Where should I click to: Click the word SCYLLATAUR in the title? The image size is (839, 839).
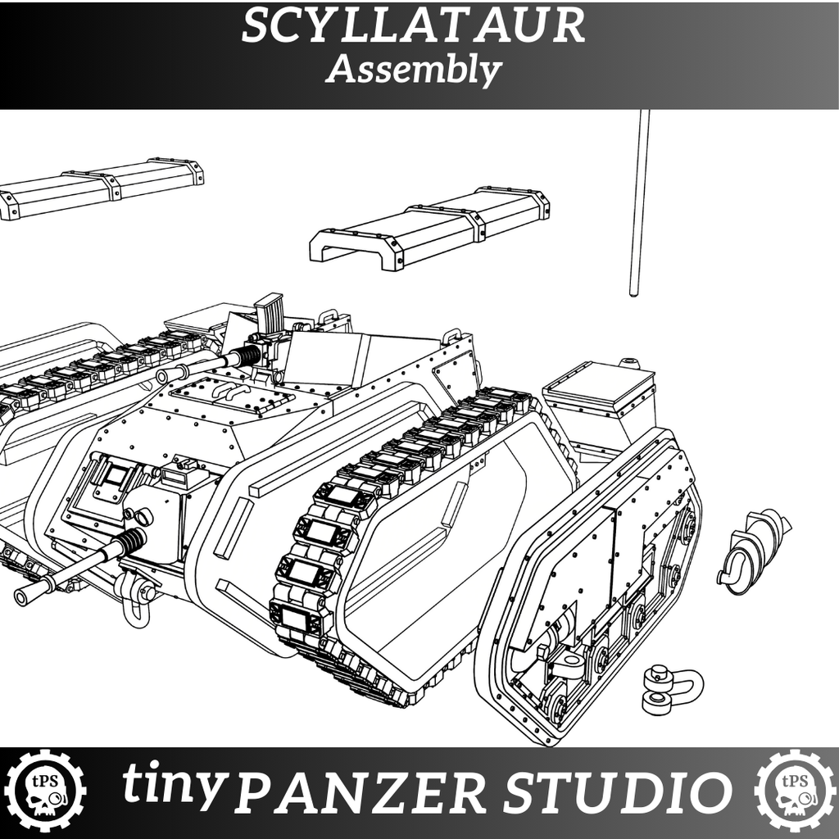[x=413, y=27]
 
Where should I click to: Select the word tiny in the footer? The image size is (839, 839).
[x=174, y=785]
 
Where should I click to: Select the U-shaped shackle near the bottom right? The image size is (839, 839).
[x=673, y=688]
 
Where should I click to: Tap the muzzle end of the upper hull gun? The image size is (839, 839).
[x=163, y=375]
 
